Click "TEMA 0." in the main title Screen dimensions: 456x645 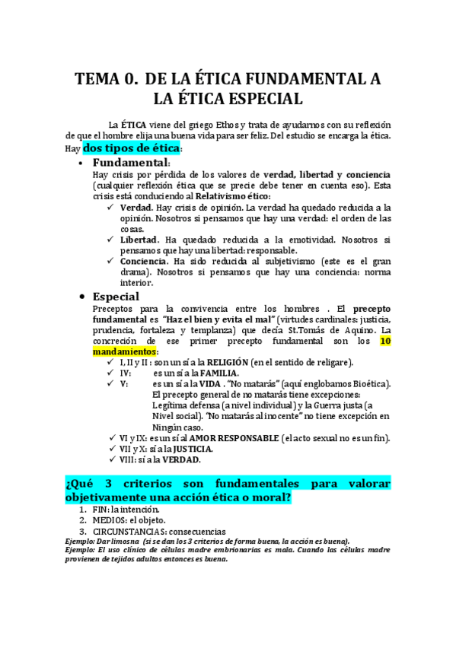(x=106, y=80)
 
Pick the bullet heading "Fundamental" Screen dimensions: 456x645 (x=130, y=163)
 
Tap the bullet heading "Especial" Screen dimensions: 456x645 (x=116, y=297)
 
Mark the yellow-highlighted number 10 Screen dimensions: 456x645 (x=385, y=342)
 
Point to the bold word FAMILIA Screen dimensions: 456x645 (x=216, y=373)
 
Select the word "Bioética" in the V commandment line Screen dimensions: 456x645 (x=365, y=384)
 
